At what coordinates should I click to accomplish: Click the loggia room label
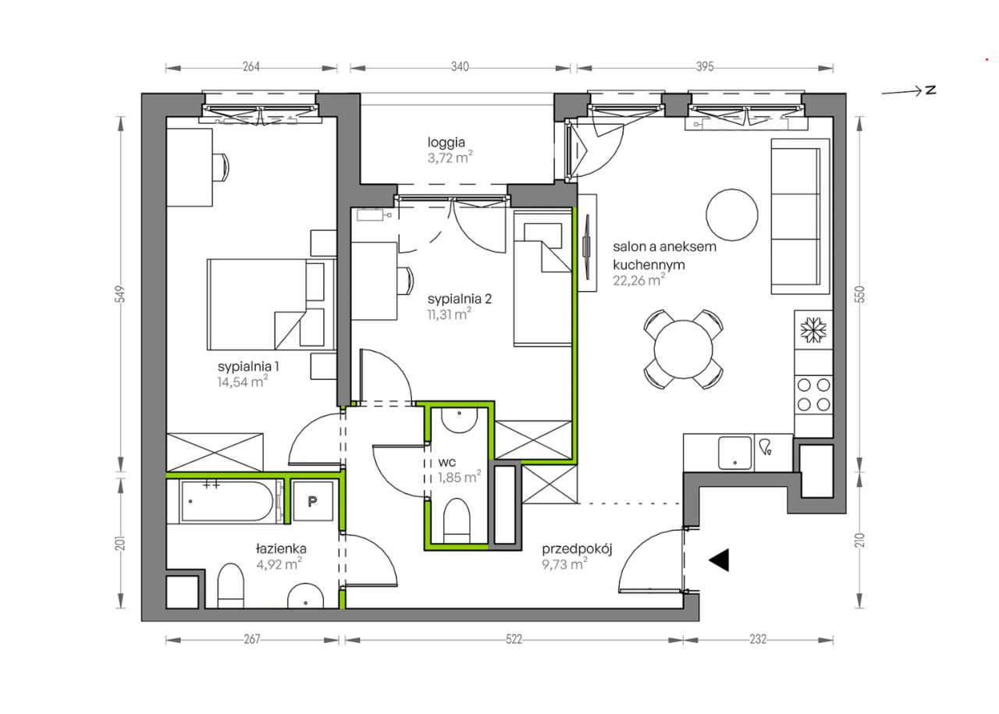pos(446,143)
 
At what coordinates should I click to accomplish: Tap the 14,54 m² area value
pos(243,382)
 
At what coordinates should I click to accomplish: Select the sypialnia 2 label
pos(460,299)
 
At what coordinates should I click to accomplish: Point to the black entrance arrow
pos(719,559)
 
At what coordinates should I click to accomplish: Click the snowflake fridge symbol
pos(813,330)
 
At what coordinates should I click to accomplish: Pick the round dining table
pos(683,349)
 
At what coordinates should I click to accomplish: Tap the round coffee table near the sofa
pos(731,215)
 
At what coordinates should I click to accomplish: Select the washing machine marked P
pos(312,501)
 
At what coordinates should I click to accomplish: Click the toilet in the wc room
pos(457,520)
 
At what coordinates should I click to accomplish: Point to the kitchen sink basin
pos(734,453)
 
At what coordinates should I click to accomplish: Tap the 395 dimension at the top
pos(705,67)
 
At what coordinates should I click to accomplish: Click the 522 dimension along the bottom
pos(514,640)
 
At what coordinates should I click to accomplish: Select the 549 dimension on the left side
pos(121,294)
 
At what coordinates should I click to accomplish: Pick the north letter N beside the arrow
pos(930,90)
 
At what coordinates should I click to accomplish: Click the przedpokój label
pos(577,549)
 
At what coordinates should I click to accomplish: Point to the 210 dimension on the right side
pos(861,540)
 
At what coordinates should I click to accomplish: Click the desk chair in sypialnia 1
pos(220,167)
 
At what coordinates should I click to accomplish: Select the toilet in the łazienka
pos(230,585)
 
